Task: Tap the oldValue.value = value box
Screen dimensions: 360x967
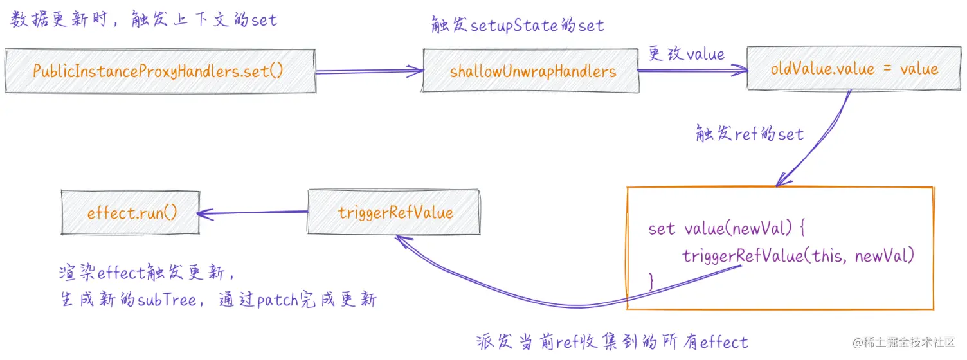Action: [854, 69]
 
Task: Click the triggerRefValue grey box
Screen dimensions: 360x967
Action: [395, 212]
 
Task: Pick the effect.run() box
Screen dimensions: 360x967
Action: [131, 213]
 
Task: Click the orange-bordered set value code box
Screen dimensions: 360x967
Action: [779, 248]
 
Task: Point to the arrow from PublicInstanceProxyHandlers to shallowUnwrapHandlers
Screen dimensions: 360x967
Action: [369, 72]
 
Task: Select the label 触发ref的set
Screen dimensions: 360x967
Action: [750, 134]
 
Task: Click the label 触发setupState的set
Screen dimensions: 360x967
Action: [517, 25]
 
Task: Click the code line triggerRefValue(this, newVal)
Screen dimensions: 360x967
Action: [797, 256]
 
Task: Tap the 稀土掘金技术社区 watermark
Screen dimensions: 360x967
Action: [903, 342]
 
